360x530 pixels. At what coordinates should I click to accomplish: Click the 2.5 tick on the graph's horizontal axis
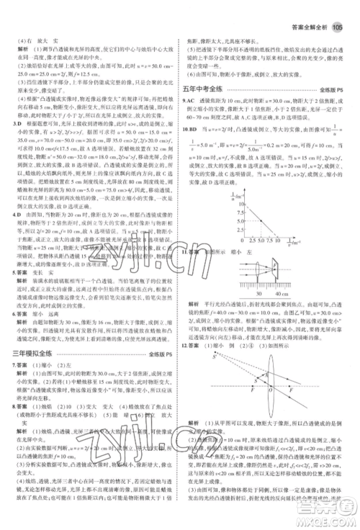pyautogui.click(x=246, y=259)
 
